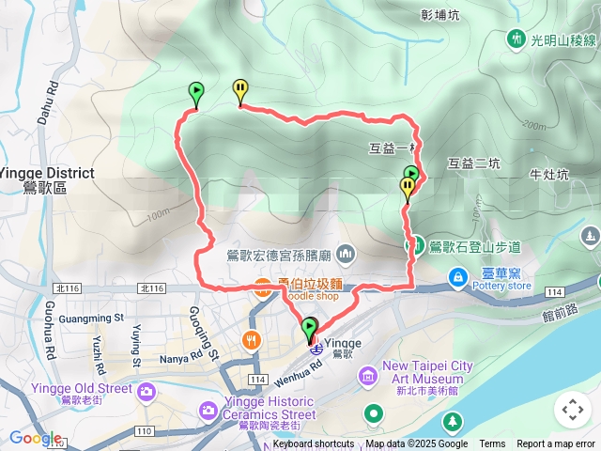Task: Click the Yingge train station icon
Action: [317, 349]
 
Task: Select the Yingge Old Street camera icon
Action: [146, 390]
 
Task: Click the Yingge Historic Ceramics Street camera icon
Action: [208, 409]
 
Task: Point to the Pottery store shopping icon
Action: [458, 276]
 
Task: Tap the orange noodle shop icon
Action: [262, 291]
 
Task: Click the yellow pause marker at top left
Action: [240, 91]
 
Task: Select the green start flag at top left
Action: [195, 93]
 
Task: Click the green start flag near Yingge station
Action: [309, 329]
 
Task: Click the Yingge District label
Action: [47, 173]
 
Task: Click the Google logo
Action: [35, 438]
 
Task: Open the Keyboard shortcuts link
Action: [314, 444]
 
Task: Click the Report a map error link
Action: [556, 444]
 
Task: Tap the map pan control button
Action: [572, 410]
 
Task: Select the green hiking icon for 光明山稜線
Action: [516, 39]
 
